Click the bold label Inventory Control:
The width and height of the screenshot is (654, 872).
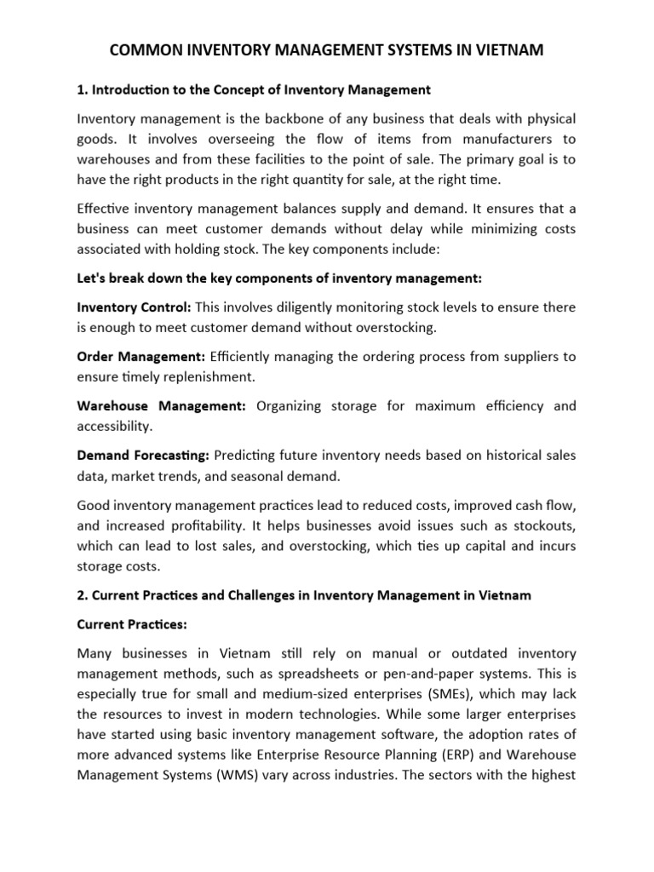pyautogui.click(x=134, y=307)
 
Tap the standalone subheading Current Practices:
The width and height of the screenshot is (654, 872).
pyautogui.click(x=131, y=624)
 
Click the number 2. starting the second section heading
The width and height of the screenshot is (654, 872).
pyautogui.click(x=82, y=595)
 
